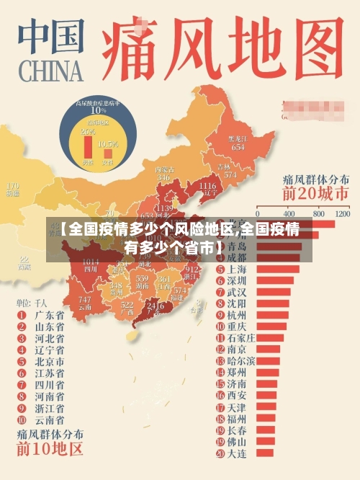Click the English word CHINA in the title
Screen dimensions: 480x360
click(48, 73)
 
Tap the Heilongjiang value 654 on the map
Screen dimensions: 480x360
click(238, 146)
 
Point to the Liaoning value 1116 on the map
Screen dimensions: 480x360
click(206, 186)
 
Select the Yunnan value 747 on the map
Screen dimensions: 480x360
click(85, 300)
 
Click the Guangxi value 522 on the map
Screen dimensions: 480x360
click(127, 306)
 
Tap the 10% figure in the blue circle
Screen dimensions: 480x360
click(98, 111)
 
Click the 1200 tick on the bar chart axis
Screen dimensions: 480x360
click(342, 214)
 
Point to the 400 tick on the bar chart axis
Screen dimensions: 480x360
click(291, 214)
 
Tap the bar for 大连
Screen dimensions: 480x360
click(264, 453)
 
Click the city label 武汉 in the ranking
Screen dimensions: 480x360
click(237, 293)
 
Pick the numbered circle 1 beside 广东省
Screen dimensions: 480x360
click(20, 315)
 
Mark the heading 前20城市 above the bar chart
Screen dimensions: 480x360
click(315, 194)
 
